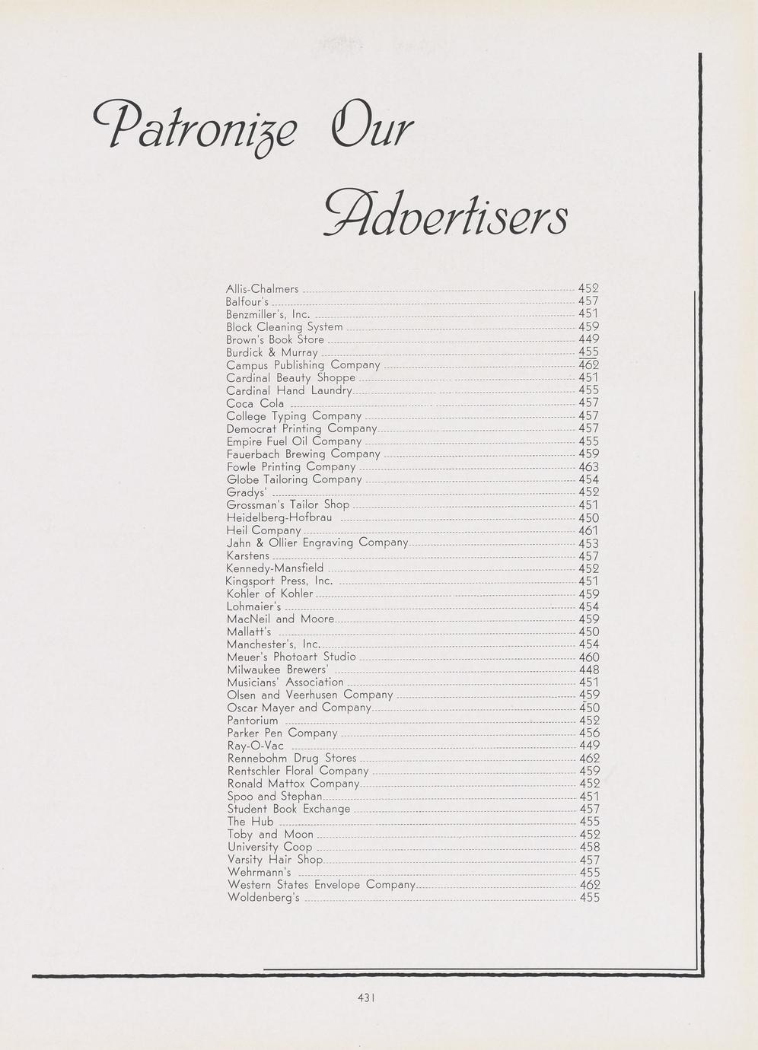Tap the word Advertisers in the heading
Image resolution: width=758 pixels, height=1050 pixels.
446,211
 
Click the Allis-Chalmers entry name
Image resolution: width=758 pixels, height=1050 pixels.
263,289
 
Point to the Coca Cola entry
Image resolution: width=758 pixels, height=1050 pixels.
256,403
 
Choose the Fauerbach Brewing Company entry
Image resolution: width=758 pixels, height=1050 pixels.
304,454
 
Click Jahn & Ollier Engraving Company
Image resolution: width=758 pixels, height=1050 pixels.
317,543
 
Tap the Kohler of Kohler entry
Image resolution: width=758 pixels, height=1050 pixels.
270,593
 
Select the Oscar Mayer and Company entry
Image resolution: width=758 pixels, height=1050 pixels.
298,708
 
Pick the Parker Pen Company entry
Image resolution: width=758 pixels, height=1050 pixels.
282,733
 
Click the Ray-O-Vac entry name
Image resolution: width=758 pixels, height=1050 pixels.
256,746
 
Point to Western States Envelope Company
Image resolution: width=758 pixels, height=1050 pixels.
321,885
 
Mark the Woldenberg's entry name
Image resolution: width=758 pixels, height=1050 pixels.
263,898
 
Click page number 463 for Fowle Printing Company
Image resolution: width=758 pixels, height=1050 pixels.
589,467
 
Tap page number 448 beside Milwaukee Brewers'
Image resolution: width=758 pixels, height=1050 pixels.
589,670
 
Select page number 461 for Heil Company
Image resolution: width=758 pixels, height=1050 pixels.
589,530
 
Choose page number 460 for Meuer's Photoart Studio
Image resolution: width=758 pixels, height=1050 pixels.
589,657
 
